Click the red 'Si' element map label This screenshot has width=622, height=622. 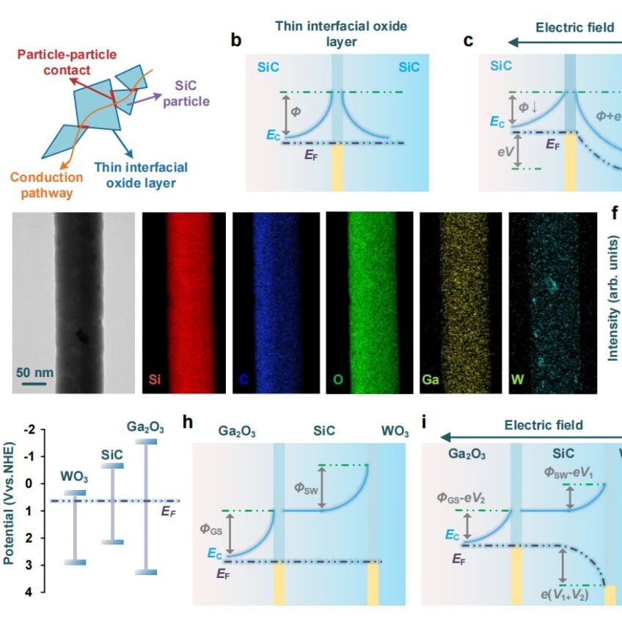(x=155, y=380)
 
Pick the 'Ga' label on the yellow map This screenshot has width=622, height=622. (x=431, y=380)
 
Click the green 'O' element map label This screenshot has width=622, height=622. (x=337, y=380)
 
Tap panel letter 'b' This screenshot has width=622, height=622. (x=236, y=40)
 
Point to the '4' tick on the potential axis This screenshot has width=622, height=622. (x=31, y=592)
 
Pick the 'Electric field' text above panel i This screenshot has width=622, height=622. (x=544, y=425)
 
